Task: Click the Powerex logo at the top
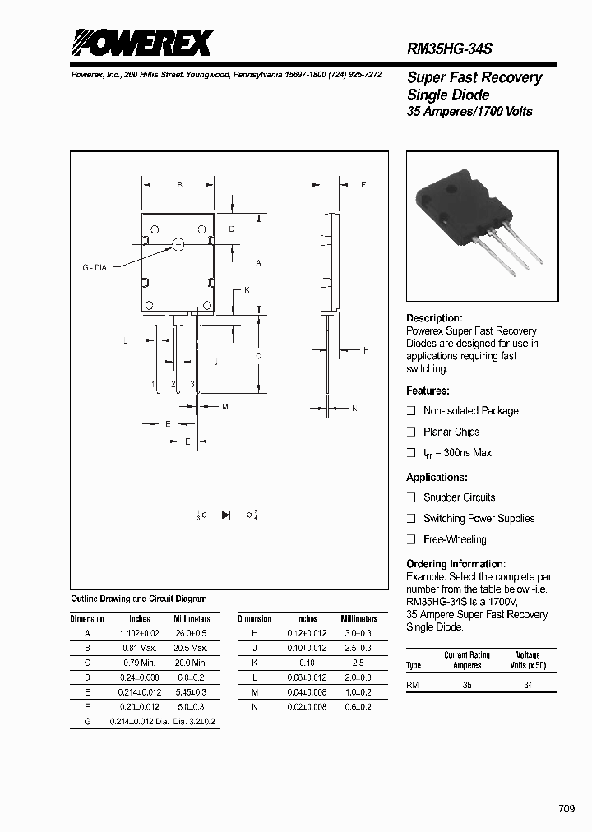[141, 43]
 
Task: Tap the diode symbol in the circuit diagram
[226, 515]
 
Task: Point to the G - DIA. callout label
[95, 267]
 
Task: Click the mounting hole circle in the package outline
[178, 243]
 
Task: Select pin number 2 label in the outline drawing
[173, 384]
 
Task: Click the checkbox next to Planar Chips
[411, 432]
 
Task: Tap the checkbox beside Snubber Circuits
[411, 497]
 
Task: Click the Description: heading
[434, 318]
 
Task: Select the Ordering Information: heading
[456, 564]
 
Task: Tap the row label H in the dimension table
[254, 634]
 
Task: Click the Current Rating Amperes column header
[467, 660]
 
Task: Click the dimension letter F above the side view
[363, 185]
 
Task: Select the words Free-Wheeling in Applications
[455, 539]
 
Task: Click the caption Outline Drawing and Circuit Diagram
[139, 599]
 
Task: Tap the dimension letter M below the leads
[224, 407]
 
